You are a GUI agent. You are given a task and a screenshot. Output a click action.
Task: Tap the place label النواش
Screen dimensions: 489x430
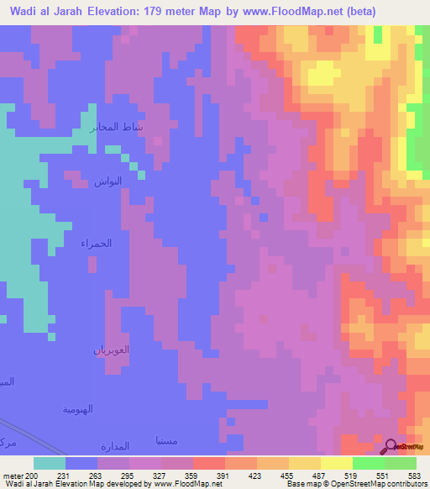(107, 181)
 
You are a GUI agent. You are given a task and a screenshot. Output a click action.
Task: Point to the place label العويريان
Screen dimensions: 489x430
(110, 349)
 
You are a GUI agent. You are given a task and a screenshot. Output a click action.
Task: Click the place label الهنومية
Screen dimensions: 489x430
(77, 409)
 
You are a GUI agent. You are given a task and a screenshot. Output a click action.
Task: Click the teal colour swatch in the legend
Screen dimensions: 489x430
(50, 462)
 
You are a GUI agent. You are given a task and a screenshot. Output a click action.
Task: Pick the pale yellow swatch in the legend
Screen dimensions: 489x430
(337, 462)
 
